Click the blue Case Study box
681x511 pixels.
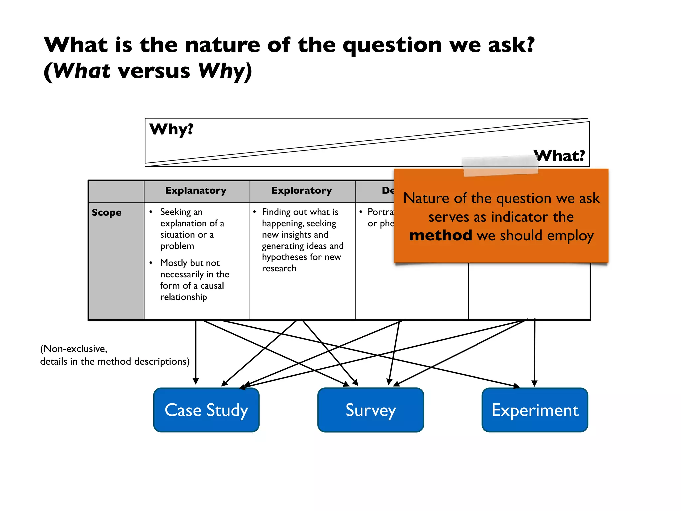click(206, 410)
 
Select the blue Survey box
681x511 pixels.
click(370, 410)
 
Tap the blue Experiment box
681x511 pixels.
click(535, 410)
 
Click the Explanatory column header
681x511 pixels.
click(196, 191)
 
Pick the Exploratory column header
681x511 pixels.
click(302, 191)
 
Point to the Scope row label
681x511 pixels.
click(107, 213)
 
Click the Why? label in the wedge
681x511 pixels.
click(171, 129)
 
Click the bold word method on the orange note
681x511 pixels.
click(440, 235)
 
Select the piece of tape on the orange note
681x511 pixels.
click(500, 166)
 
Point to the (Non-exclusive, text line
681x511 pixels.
click(74, 349)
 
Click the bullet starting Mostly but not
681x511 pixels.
click(190, 263)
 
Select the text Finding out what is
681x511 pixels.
click(300, 212)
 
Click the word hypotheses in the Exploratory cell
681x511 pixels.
click(282, 257)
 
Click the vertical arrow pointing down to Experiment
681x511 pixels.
click(534, 353)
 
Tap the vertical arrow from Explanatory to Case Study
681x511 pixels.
click(196, 353)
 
